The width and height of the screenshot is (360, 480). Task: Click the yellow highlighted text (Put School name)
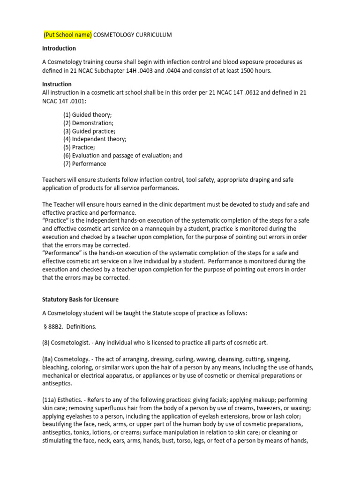coord(68,35)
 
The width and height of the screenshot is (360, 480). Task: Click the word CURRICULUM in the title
coord(151,35)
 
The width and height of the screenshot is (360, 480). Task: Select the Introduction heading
coord(59,48)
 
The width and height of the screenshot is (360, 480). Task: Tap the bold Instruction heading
coord(57,84)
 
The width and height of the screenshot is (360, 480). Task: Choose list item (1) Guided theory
coord(88,115)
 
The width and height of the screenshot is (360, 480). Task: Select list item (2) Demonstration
coord(88,123)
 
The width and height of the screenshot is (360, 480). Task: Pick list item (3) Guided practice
coord(89,131)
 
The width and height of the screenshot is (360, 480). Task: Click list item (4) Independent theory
coord(95,139)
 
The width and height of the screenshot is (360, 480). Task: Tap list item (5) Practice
coord(79,147)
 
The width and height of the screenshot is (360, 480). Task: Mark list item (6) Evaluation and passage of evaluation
coord(123,156)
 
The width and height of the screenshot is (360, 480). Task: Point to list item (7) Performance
coord(85,164)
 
